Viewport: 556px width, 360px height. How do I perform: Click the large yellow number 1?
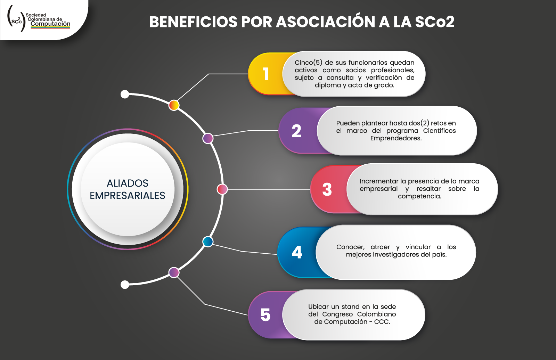(x=266, y=74)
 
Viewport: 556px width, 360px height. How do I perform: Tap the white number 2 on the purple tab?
(x=296, y=131)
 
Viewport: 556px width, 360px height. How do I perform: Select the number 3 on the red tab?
(x=327, y=189)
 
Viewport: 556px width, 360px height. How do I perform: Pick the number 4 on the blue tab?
(x=297, y=252)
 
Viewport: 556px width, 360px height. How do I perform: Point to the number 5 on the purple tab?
(x=265, y=315)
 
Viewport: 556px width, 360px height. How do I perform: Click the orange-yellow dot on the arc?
(x=174, y=105)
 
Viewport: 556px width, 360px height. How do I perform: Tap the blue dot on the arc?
(x=208, y=242)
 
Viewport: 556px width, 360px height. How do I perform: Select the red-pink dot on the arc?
(x=222, y=189)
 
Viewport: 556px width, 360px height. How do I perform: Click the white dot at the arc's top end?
(x=125, y=95)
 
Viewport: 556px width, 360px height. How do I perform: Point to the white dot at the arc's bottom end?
(x=125, y=285)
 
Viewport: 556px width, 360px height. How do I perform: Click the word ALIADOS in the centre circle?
(x=127, y=183)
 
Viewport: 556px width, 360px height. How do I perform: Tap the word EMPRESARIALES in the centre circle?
(x=127, y=196)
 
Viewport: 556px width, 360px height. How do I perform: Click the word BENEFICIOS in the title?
(x=193, y=22)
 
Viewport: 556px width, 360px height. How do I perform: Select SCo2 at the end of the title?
(x=435, y=22)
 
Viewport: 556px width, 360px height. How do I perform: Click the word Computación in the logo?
(x=50, y=24)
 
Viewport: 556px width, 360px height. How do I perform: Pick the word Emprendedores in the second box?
(x=396, y=138)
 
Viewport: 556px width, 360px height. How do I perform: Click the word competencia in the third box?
(x=419, y=196)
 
